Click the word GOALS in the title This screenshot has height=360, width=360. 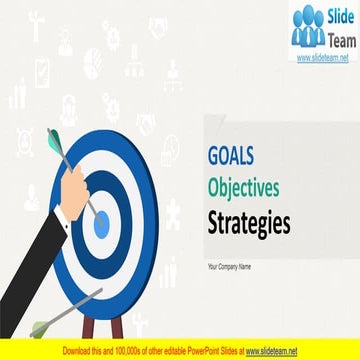click(x=232, y=156)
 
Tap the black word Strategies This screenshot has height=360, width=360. click(x=249, y=223)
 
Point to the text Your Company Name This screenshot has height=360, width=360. click(x=231, y=266)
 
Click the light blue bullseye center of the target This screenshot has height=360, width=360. click(x=101, y=225)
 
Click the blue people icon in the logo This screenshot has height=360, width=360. click(x=308, y=29)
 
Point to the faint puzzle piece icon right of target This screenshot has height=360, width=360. click(x=172, y=215)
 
